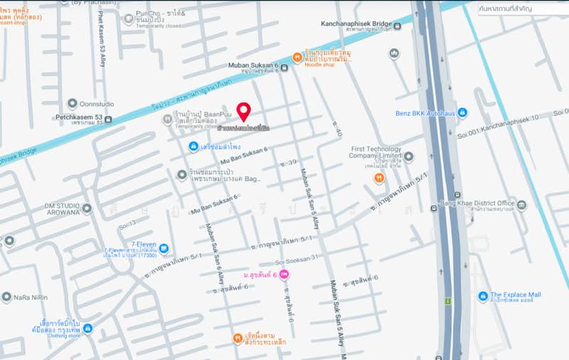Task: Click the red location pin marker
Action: click(x=243, y=112)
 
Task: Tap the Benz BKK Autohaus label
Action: click(x=425, y=113)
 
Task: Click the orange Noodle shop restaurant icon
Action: click(x=297, y=57)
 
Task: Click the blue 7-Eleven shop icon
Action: click(x=164, y=248)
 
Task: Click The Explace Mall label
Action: click(x=515, y=295)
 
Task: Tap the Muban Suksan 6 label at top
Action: click(x=253, y=65)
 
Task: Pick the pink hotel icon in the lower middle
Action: click(x=285, y=275)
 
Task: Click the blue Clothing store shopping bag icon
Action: click(x=87, y=328)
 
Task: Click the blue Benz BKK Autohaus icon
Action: click(x=462, y=113)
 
